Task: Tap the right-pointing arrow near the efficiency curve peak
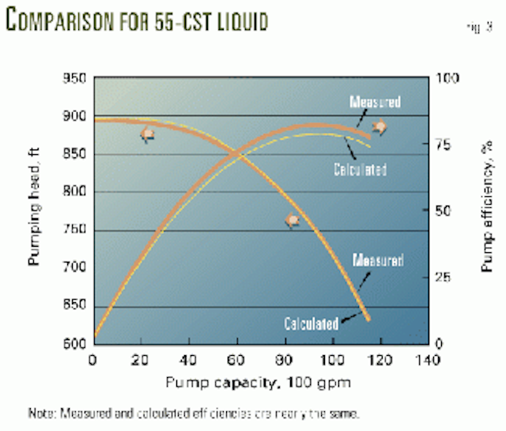[380, 127]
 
